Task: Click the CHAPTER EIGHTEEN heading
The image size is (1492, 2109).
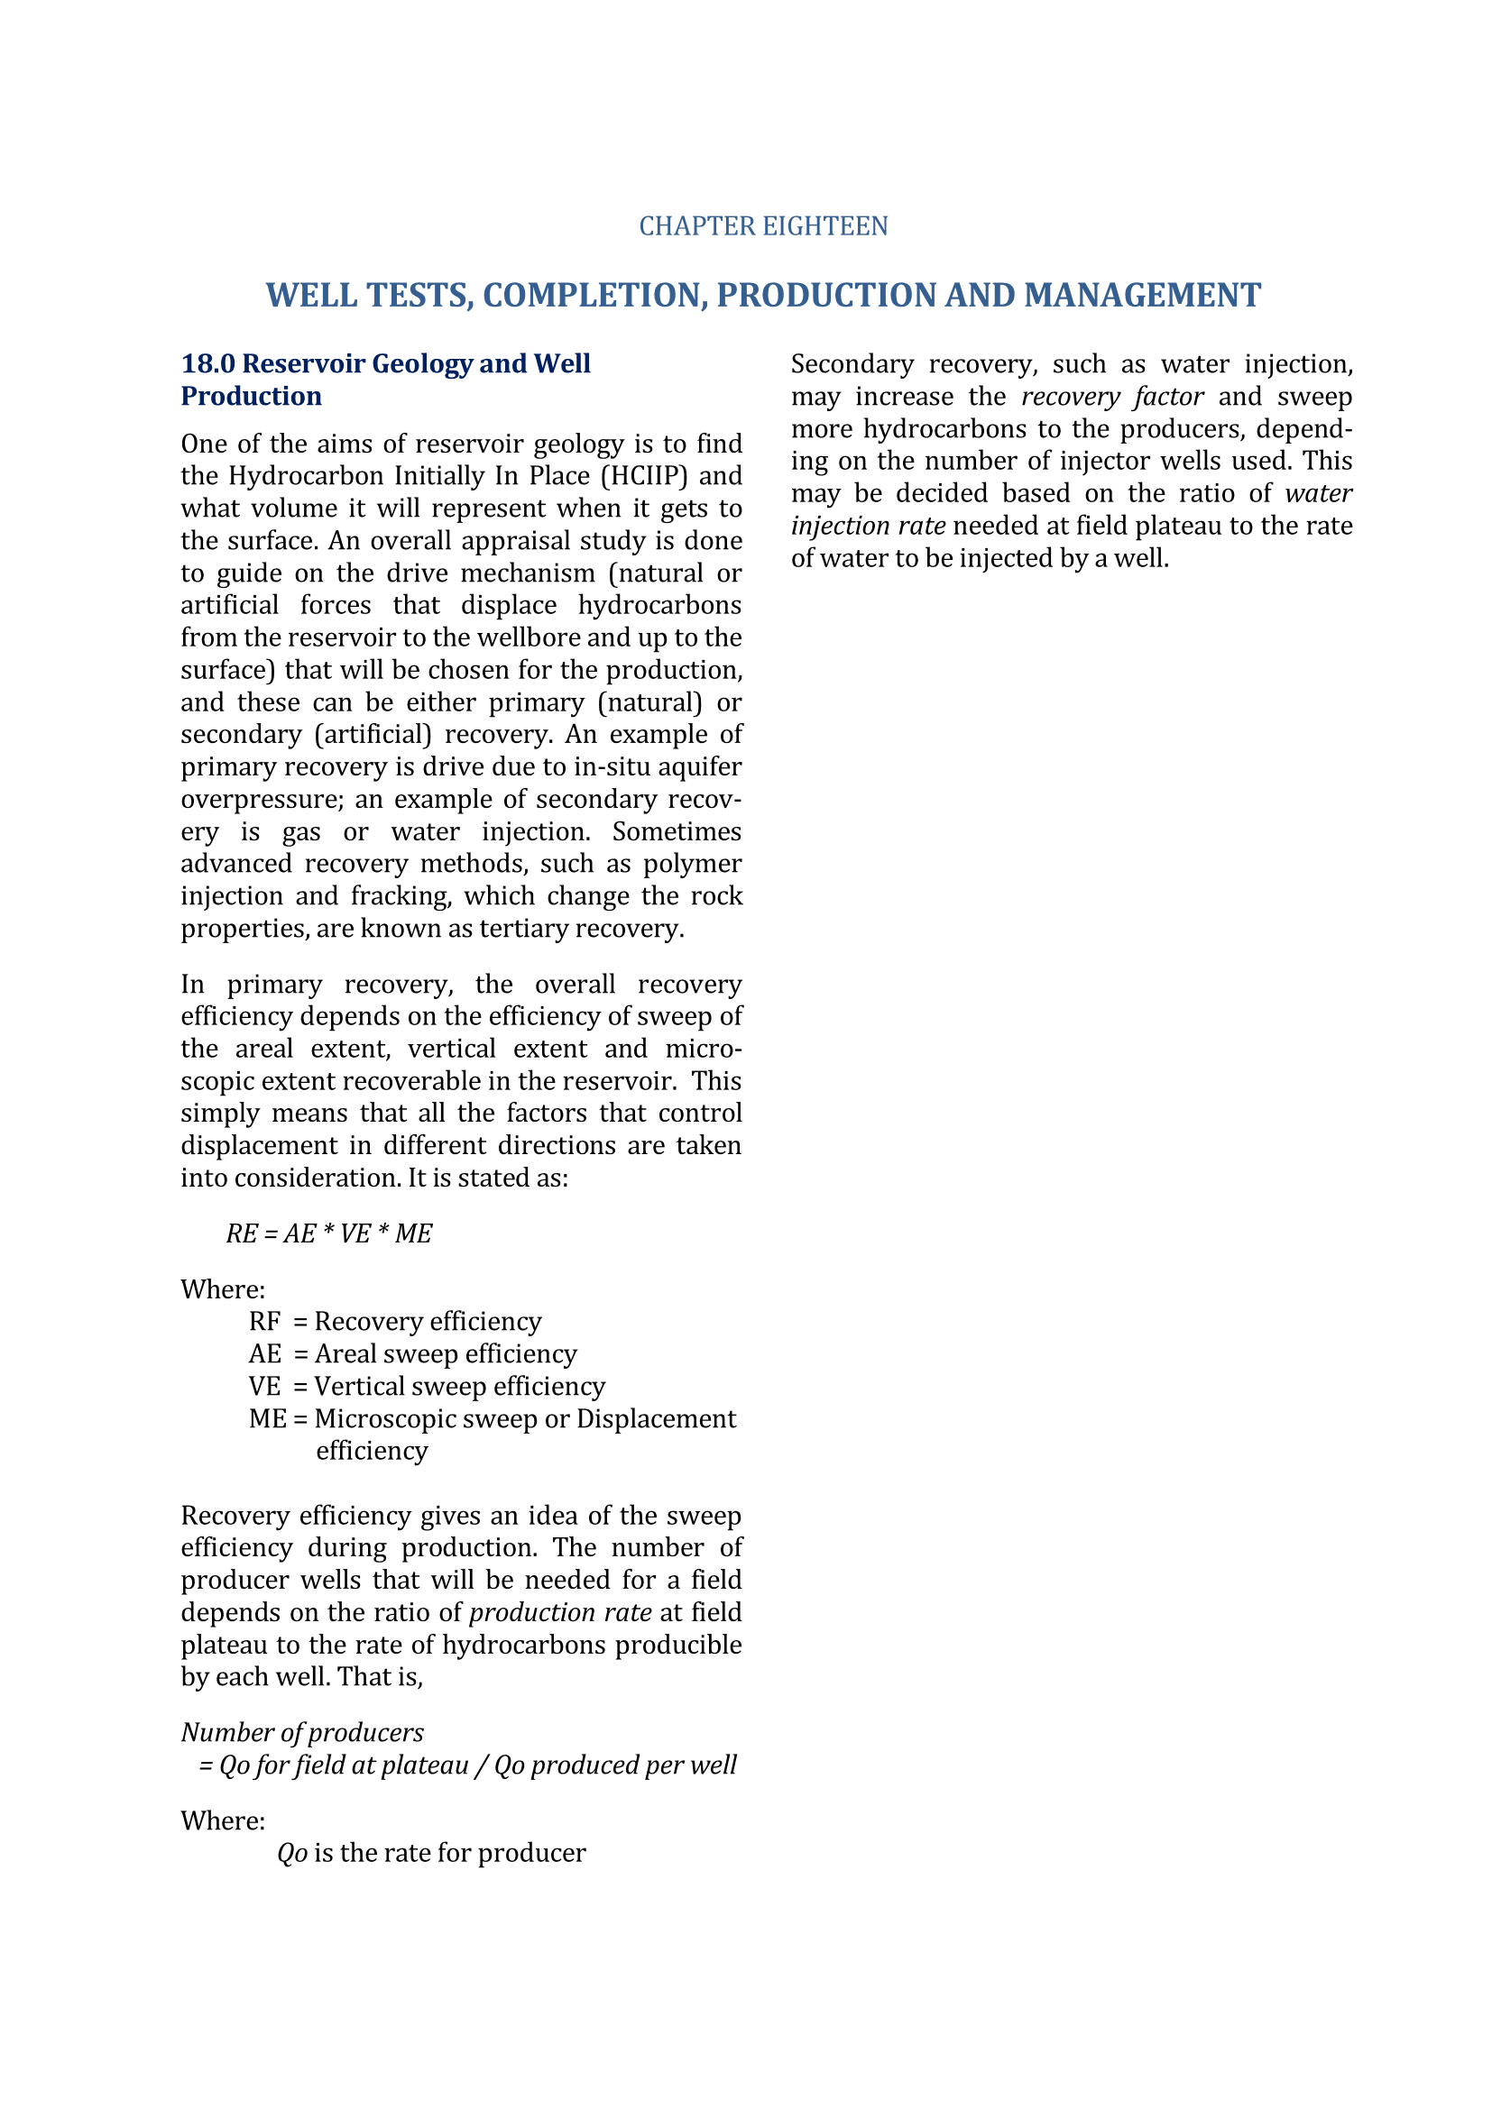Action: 762,226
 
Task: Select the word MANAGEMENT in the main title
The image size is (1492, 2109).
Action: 1142,295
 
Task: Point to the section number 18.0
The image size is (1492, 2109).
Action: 207,363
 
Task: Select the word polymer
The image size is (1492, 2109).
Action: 692,864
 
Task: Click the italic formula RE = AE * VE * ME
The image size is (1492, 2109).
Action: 329,1233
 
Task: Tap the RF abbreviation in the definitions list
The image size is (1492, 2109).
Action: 264,1321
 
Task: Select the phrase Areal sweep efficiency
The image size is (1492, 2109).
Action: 446,1353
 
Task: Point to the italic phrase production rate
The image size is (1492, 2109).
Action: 560,1612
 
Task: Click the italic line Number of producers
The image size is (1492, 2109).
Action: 302,1732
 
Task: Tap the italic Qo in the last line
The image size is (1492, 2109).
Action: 292,1853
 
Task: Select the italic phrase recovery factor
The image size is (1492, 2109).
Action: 1111,396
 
